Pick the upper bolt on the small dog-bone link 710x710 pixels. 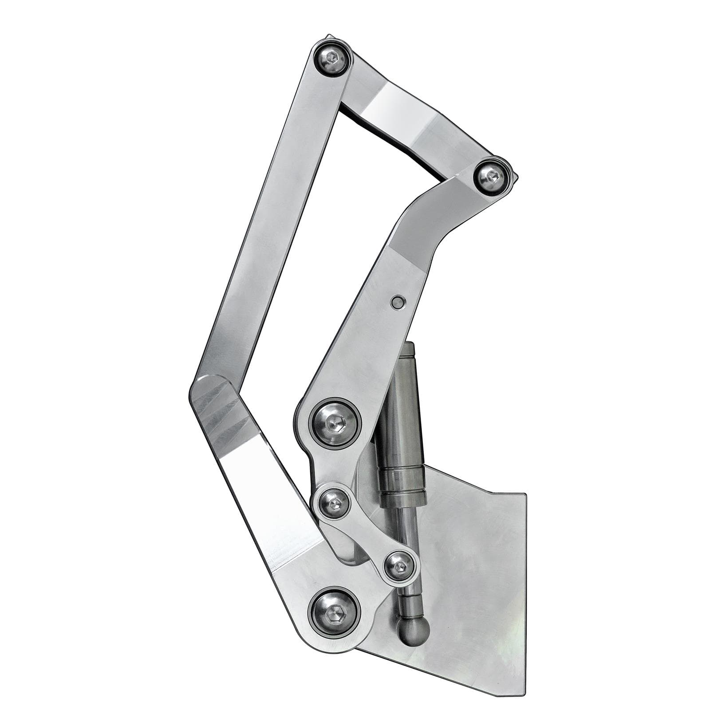pyautogui.click(x=335, y=503)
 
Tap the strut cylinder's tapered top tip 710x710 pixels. pyautogui.click(x=409, y=348)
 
